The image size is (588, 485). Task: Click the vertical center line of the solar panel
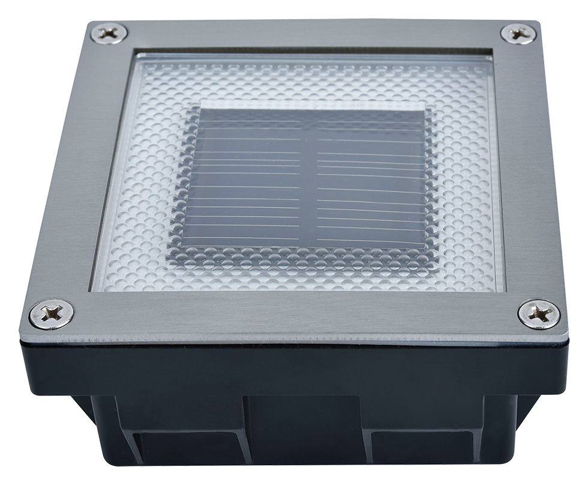pos(311,180)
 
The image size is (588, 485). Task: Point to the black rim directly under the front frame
pos(294,358)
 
